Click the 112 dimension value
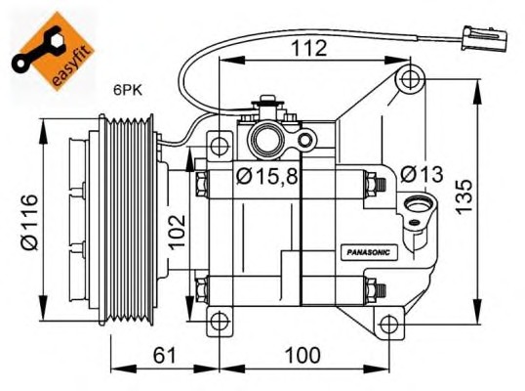tap(309, 48)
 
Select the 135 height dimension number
tap(464, 197)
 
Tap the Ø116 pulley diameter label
tap(29, 222)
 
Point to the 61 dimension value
tap(164, 355)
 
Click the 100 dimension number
tap(303, 355)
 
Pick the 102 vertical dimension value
tap(177, 232)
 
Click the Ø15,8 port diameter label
tap(266, 177)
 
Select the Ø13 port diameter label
tap(422, 174)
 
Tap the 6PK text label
tap(128, 90)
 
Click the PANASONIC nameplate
tap(369, 252)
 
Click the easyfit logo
tap(53, 50)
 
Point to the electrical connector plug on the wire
tap(484, 38)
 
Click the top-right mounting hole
tap(409, 79)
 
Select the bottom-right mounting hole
tap(388, 324)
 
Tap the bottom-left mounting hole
tap(220, 322)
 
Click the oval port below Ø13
tap(417, 204)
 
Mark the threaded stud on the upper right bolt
tap(382, 185)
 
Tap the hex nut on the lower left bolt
tap(202, 289)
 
